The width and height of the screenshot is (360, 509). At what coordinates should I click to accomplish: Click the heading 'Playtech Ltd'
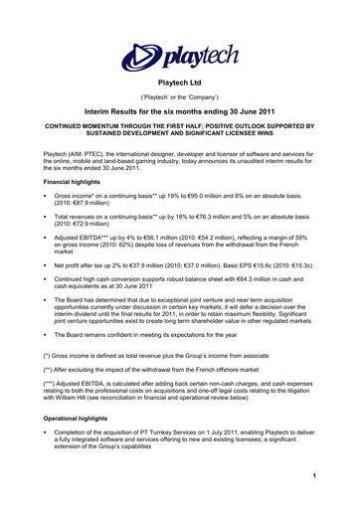(x=180, y=87)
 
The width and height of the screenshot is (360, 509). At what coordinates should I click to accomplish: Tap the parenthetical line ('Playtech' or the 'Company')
(x=180, y=101)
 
